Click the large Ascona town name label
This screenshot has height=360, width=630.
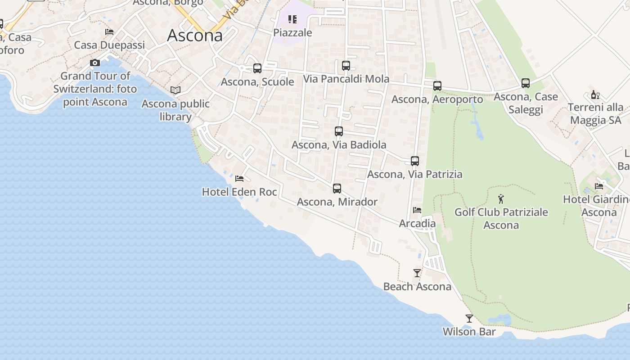tap(194, 36)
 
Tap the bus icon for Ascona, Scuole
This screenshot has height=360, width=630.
tap(257, 68)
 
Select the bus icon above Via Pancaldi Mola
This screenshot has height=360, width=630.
tap(346, 66)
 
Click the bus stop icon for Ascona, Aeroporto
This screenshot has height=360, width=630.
tap(437, 86)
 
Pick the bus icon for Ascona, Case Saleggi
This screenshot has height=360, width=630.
tap(526, 83)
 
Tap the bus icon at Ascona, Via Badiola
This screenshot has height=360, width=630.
tap(339, 131)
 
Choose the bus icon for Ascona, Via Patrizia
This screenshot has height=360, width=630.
tap(415, 161)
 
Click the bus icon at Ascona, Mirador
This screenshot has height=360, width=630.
tap(337, 189)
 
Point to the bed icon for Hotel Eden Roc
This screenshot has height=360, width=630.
tap(239, 179)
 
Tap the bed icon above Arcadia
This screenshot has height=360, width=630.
tap(417, 210)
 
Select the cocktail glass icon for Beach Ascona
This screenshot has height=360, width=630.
tap(417, 273)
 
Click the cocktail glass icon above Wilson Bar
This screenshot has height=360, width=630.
tap(469, 319)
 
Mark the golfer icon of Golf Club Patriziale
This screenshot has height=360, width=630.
tap(501, 198)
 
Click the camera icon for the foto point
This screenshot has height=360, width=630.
tap(94, 63)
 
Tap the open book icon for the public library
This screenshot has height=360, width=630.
tap(175, 90)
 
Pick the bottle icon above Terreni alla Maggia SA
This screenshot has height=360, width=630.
tap(595, 94)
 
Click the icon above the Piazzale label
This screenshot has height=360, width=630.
tap(292, 19)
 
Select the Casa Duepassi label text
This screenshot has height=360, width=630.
tap(109, 45)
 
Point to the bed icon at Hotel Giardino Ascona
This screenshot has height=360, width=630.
tap(599, 186)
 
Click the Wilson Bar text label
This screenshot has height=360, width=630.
tap(469, 332)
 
